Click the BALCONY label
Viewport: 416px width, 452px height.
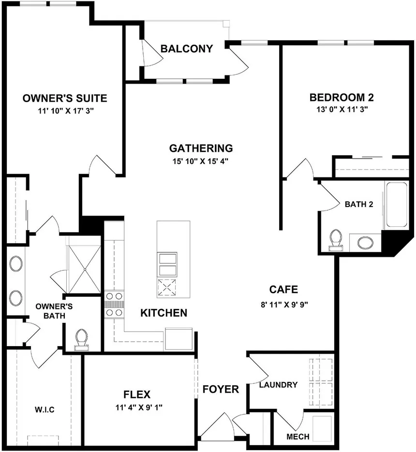(187, 49)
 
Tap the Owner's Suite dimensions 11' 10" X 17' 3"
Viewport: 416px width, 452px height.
(66, 111)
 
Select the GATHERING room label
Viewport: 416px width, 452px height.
(201, 148)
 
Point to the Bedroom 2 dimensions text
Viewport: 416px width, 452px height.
(342, 109)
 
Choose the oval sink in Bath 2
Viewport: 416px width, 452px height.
(365, 243)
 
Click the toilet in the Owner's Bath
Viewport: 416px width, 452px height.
(81, 340)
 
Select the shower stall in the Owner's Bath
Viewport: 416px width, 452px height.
(85, 270)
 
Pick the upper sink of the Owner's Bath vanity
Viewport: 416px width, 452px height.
(16, 263)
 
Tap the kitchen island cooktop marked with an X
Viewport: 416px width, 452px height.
(167, 288)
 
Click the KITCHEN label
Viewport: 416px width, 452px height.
(163, 313)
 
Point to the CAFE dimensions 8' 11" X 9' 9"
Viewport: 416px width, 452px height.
(284, 305)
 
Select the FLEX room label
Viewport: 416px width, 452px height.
(137, 394)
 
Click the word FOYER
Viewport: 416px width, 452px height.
(221, 390)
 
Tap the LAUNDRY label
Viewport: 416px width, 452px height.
(279, 385)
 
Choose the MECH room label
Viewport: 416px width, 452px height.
(298, 437)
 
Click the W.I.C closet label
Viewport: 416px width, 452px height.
(45, 409)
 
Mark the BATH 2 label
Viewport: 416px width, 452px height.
(359, 204)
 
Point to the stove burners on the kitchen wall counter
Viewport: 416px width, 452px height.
(114, 305)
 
